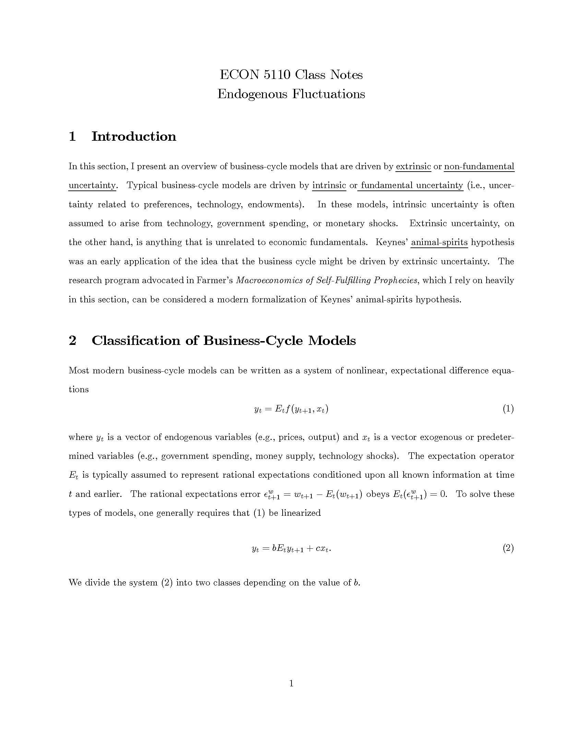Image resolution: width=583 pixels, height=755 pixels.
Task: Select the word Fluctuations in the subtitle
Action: pos(329,94)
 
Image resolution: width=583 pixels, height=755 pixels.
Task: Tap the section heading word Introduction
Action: pos(134,136)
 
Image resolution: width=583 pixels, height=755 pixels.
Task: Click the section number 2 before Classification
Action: pos(72,340)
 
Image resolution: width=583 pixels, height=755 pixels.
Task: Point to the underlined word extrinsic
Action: pos(413,167)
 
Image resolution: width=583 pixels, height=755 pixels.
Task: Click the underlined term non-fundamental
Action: pos(479,167)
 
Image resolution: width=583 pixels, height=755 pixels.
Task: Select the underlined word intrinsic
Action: pos(329,186)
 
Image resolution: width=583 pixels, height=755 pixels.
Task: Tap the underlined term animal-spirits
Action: pos(439,242)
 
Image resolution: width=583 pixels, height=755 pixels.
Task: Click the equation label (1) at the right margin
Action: pos(508,409)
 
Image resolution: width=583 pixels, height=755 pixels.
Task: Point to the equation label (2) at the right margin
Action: pos(508,548)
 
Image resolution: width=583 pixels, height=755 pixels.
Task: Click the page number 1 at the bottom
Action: pos(291,683)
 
